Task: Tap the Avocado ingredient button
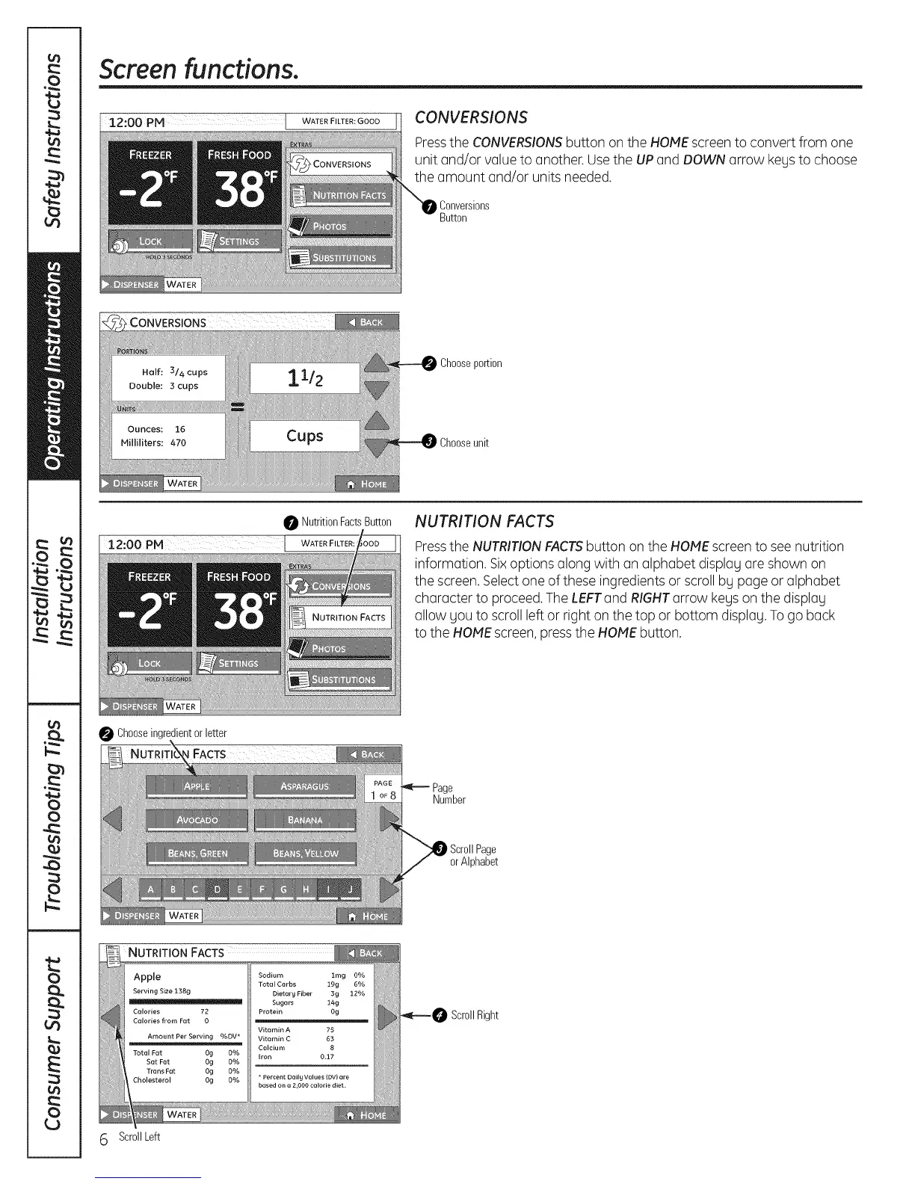(x=197, y=820)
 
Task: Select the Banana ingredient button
(x=305, y=820)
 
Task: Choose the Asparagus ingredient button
(x=305, y=786)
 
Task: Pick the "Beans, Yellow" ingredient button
(x=305, y=854)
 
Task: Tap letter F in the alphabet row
(x=262, y=889)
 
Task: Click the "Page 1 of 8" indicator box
(x=383, y=789)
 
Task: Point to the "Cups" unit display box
(x=305, y=436)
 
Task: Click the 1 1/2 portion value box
(x=305, y=377)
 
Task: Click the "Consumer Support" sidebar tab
(x=53, y=1042)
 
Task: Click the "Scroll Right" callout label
(x=474, y=1015)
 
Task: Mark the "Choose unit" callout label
(x=463, y=443)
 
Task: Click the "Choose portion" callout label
(x=470, y=363)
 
